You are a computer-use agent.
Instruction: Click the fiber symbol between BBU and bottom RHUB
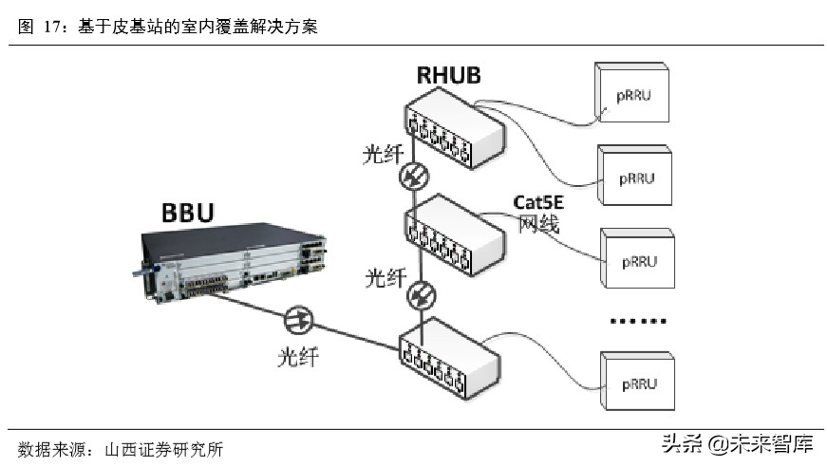(x=298, y=319)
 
